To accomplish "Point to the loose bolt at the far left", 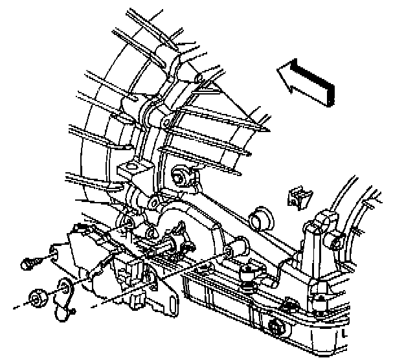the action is click(28, 264).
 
